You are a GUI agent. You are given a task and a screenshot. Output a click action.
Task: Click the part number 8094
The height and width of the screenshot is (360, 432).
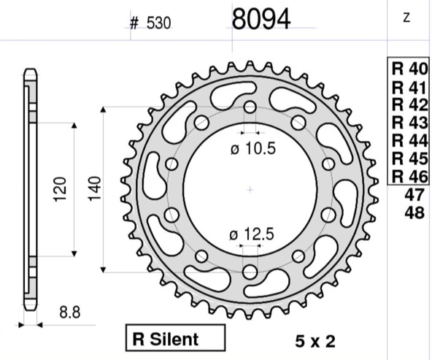click(x=261, y=19)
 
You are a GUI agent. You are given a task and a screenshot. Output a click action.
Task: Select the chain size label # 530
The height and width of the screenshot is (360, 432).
click(x=150, y=23)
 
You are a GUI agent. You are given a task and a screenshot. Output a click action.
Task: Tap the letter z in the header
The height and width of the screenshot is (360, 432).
click(x=406, y=18)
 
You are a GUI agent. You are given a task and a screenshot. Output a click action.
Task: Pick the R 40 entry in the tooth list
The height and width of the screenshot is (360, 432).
click(x=409, y=69)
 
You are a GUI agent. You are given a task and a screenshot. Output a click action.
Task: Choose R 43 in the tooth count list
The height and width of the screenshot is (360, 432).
click(x=409, y=123)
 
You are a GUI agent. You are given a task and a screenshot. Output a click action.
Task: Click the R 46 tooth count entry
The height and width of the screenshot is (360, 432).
click(x=409, y=177)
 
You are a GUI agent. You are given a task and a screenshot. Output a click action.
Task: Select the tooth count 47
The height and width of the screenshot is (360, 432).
click(x=414, y=195)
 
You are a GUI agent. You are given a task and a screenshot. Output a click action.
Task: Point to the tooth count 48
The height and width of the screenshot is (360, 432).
click(x=414, y=212)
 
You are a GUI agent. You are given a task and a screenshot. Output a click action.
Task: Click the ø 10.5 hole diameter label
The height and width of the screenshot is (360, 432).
click(x=253, y=148)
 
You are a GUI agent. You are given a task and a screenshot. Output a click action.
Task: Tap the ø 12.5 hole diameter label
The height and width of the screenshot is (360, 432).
click(x=252, y=234)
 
